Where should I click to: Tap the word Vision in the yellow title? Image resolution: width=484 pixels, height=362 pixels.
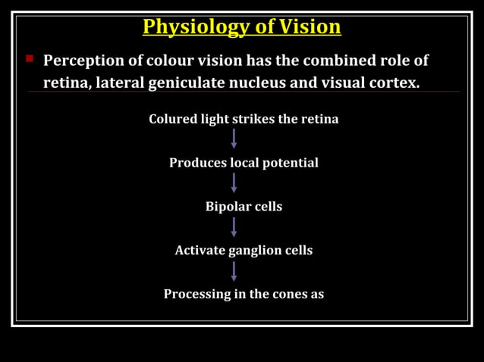310,27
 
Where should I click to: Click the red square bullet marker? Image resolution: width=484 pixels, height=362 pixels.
30,58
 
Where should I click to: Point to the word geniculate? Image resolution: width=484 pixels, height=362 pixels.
187,83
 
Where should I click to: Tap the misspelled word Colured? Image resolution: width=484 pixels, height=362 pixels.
172,119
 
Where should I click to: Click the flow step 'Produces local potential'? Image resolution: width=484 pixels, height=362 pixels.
244,163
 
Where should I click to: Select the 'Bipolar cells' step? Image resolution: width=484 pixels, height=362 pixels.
244,207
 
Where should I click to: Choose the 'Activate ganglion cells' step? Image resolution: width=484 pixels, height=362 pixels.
244,250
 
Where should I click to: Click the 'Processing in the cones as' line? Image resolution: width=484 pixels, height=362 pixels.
244,294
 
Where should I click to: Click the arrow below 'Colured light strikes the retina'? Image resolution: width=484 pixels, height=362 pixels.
234,139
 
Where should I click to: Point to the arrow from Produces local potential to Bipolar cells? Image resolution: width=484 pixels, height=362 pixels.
234,183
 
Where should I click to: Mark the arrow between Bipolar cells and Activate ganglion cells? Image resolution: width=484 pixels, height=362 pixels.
234,227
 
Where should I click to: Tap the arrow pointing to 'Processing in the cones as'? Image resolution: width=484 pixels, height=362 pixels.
234,271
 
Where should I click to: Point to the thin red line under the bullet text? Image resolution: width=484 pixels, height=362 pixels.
243,92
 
